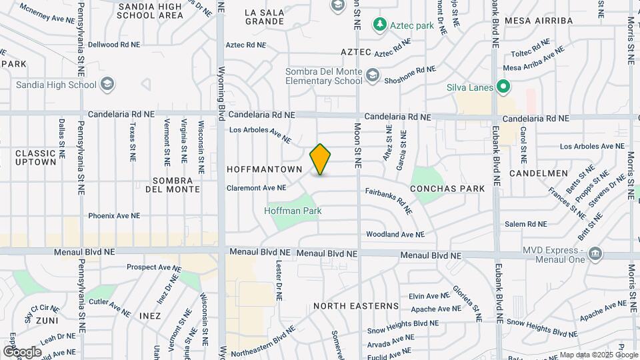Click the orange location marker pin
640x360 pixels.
click(321, 159)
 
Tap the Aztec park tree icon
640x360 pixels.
click(380, 25)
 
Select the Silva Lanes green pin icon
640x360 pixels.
click(504, 87)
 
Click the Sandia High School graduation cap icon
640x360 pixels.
click(108, 85)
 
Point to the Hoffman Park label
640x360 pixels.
click(293, 211)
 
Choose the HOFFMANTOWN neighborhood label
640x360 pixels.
click(265, 169)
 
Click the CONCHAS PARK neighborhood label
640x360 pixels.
click(447, 189)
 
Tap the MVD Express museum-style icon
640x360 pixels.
click(595, 253)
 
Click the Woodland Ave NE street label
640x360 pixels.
click(395, 235)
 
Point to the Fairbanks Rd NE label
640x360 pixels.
click(389, 199)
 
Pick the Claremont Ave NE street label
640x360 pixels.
click(256, 188)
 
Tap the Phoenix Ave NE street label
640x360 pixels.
click(115, 216)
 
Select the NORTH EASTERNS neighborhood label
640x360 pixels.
click(356, 306)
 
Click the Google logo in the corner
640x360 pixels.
click(22, 351)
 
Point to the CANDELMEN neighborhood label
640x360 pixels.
click(537, 173)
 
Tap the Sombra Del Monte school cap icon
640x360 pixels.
click(372, 76)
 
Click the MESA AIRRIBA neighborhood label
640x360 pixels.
click(539, 21)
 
